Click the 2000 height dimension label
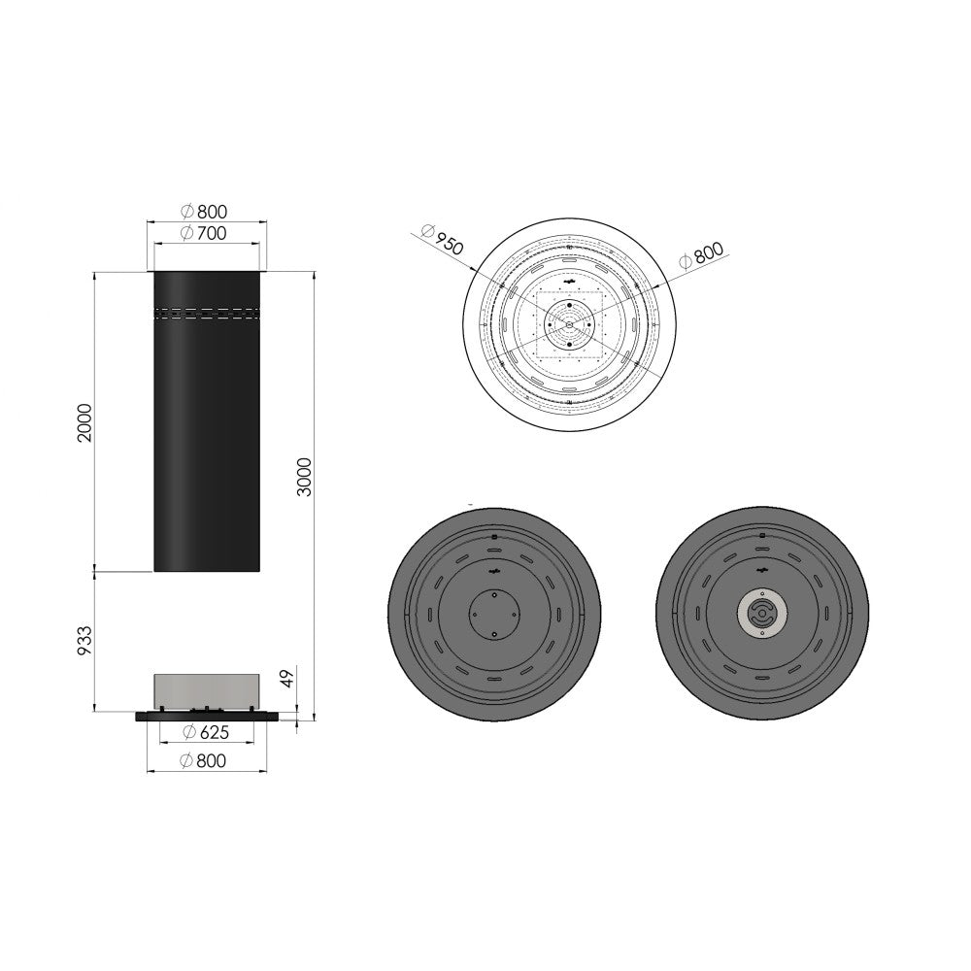click(84, 422)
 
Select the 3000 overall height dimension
click(305, 477)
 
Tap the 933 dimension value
click(84, 641)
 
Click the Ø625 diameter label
click(206, 732)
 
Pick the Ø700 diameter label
click(204, 233)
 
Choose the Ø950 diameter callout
click(442, 239)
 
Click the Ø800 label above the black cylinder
click(204, 211)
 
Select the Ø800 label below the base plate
click(203, 760)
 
